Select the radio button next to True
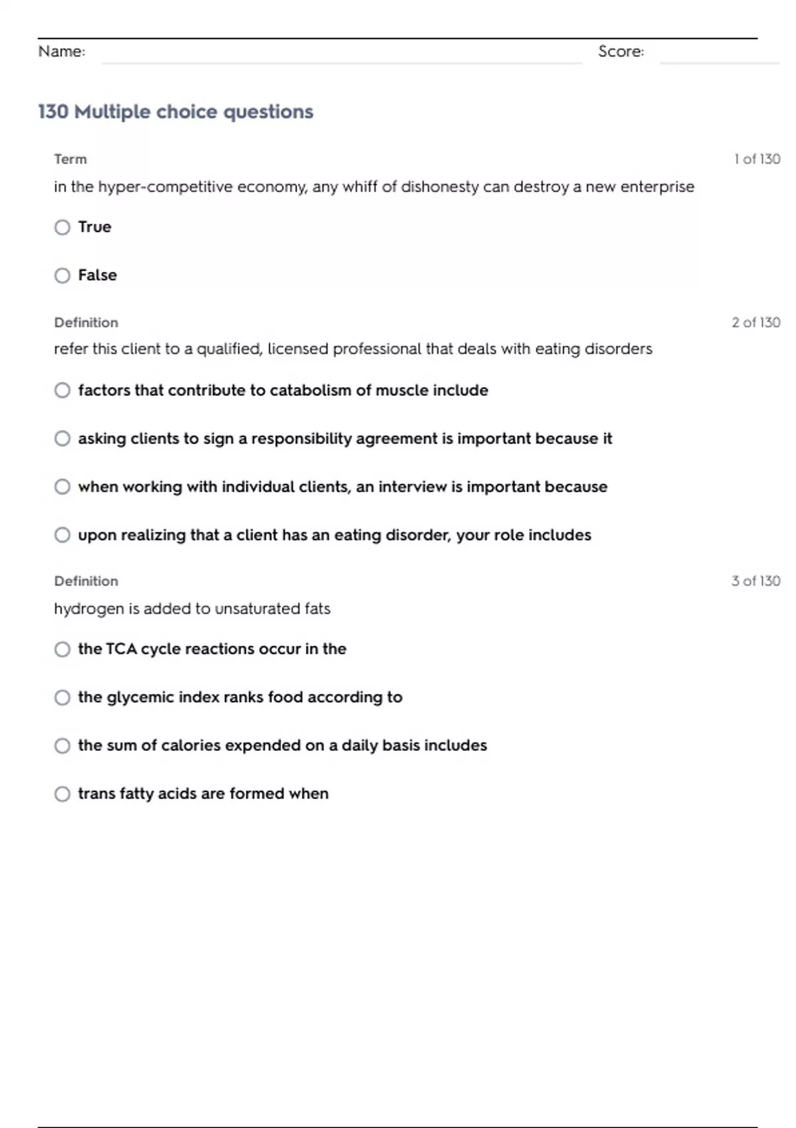click(x=62, y=228)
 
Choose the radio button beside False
click(x=62, y=275)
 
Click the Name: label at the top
click(x=62, y=52)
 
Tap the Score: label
click(x=621, y=52)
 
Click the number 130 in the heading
click(x=53, y=111)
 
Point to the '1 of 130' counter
click(x=757, y=159)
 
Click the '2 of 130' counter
click(x=756, y=322)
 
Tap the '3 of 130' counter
click(x=756, y=581)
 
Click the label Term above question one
click(x=70, y=159)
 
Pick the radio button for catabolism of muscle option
click(x=62, y=390)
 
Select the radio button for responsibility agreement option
click(x=62, y=439)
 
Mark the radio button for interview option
click(x=62, y=487)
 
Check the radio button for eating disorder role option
click(x=62, y=535)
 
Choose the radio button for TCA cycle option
click(x=62, y=649)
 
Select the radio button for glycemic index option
click(x=62, y=697)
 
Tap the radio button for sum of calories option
click(x=62, y=746)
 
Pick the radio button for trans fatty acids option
click(x=62, y=794)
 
